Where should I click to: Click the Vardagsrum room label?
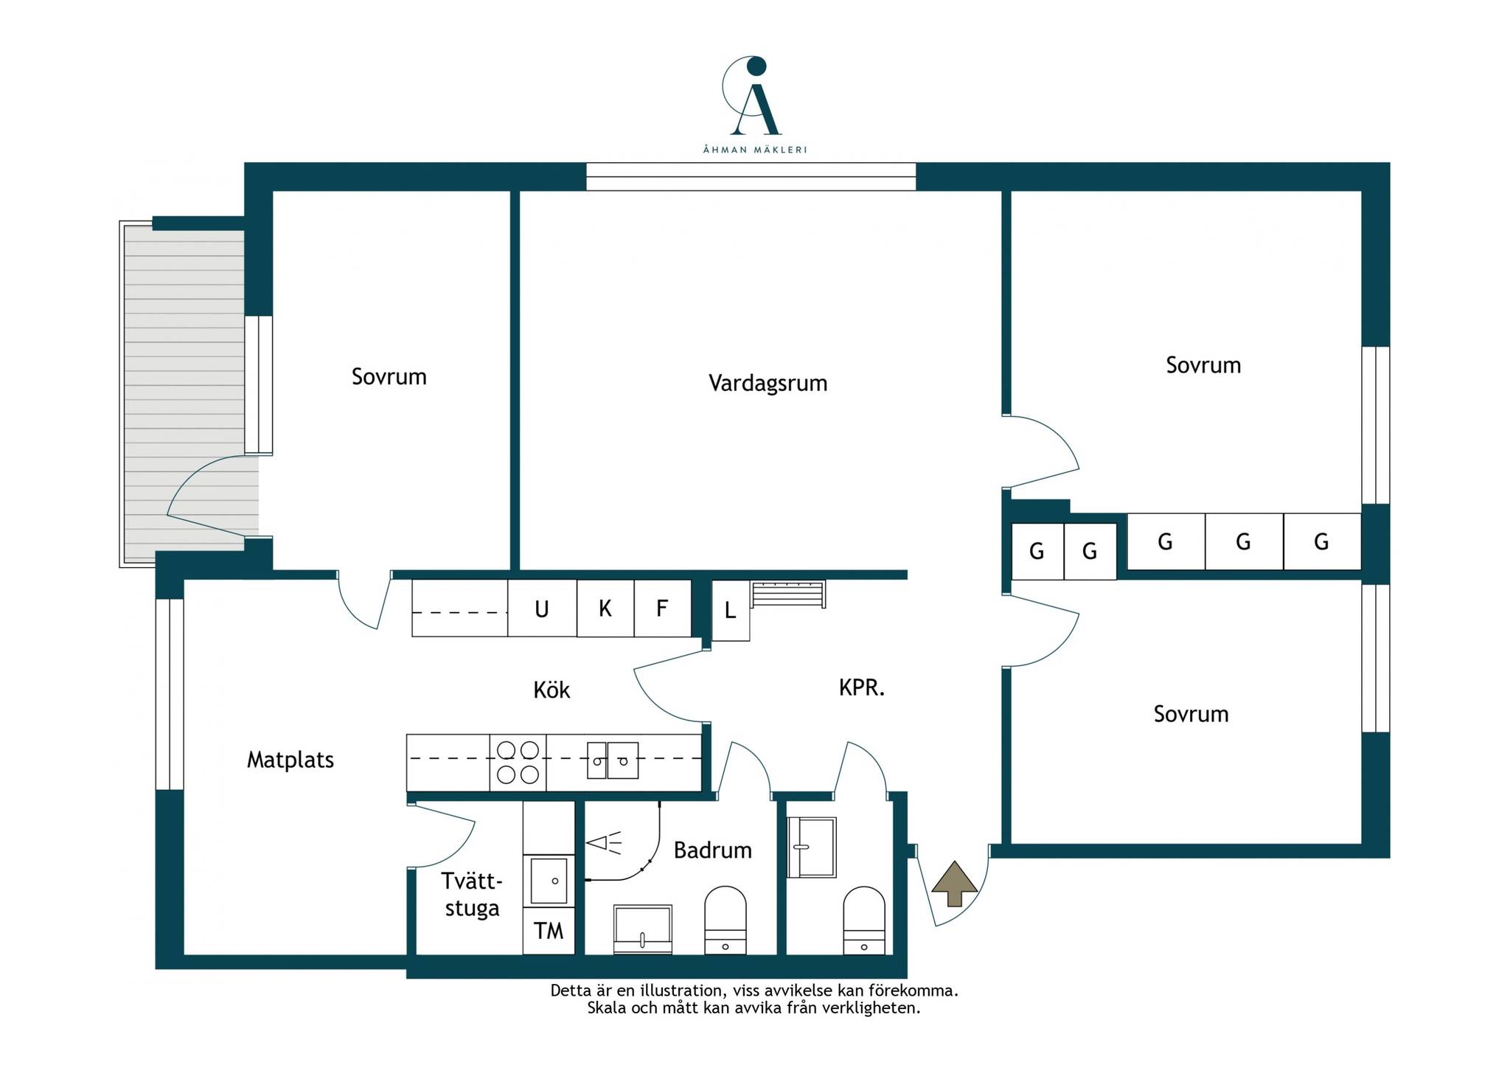click(x=768, y=384)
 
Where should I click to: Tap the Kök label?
click(x=552, y=690)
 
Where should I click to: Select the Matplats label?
click(x=290, y=760)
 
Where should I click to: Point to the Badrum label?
click(x=712, y=850)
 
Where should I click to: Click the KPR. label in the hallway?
click(x=862, y=687)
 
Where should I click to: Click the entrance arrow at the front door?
click(x=955, y=883)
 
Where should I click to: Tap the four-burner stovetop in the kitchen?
click(x=518, y=763)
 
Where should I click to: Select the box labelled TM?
click(x=549, y=931)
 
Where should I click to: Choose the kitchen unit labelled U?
click(x=542, y=608)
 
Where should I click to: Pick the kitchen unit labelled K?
click(x=605, y=608)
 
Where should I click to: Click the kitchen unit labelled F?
click(x=662, y=608)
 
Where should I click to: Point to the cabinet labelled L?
click(x=731, y=611)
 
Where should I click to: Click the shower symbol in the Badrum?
click(x=604, y=842)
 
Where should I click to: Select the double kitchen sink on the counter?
click(x=613, y=760)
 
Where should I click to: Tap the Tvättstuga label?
click(x=472, y=894)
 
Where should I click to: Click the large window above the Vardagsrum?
click(x=751, y=177)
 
